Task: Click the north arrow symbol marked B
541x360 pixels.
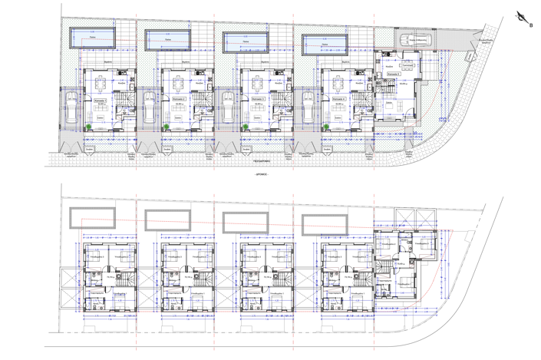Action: coord(524,18)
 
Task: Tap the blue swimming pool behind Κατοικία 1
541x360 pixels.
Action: coord(92,35)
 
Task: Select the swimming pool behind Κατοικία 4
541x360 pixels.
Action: coord(325,43)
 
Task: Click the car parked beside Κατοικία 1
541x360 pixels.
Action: coord(68,110)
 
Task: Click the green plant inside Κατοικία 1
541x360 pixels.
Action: coord(89,127)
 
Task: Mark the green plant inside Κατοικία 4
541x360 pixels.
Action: coord(326,127)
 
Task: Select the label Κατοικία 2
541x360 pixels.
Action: coord(179,99)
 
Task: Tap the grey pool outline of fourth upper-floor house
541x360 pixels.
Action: coord(325,225)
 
